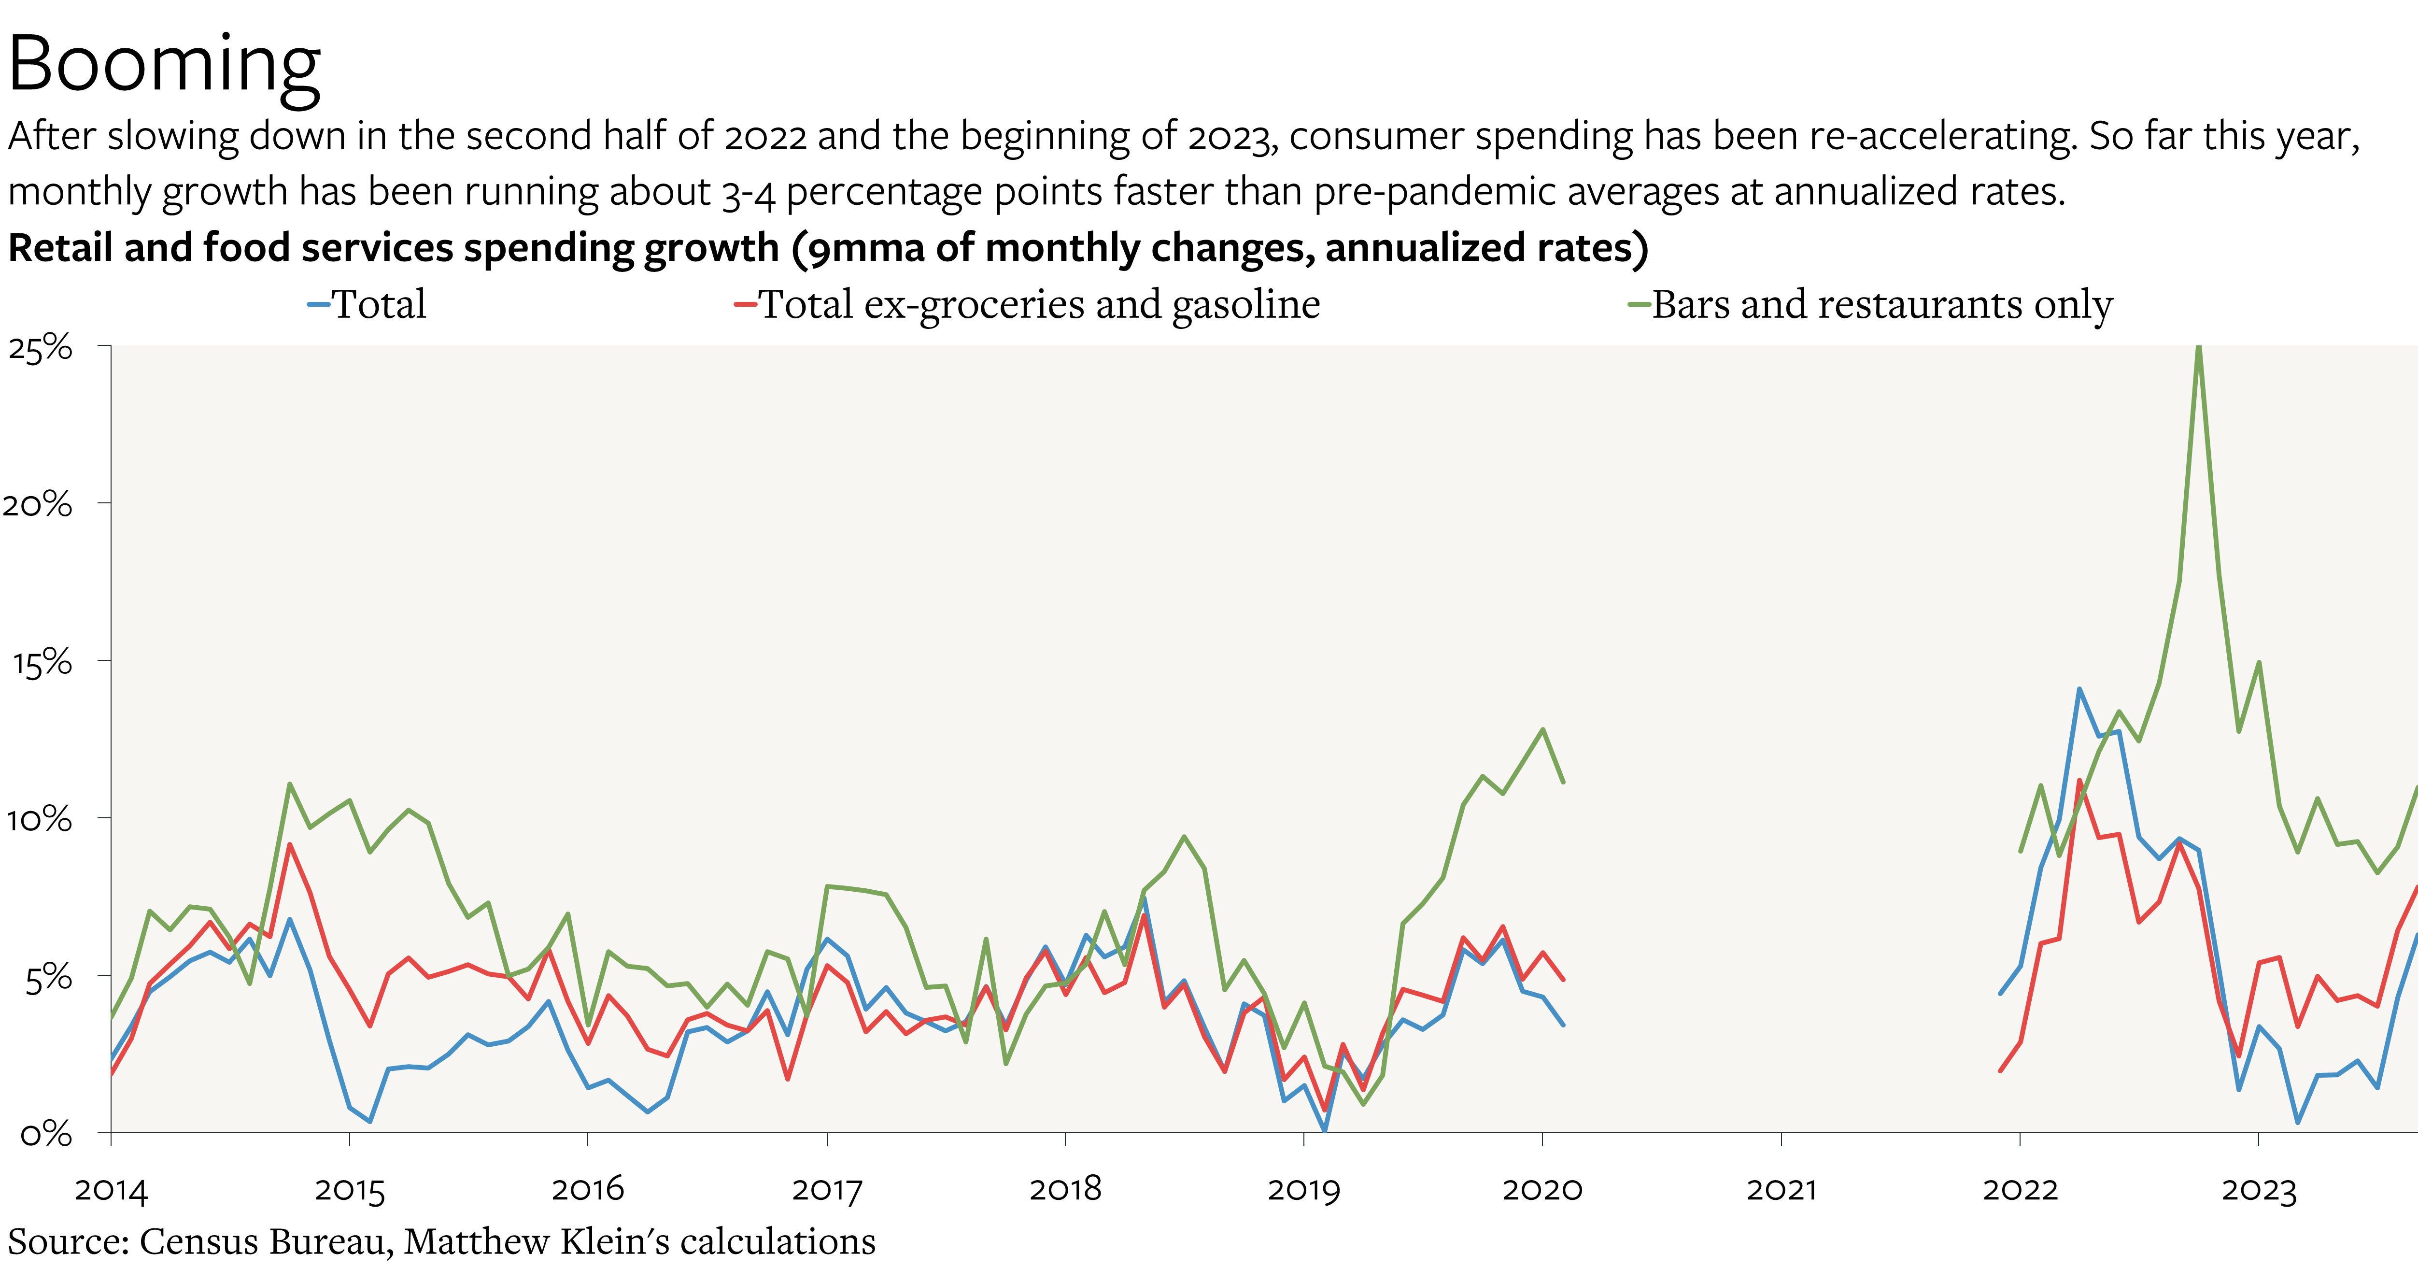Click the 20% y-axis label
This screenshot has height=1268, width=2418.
pyautogui.click(x=38, y=505)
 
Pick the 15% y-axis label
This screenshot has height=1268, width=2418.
pyautogui.click(x=42, y=663)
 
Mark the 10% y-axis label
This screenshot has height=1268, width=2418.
pyautogui.click(x=40, y=819)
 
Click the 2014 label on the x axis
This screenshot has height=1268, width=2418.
pyautogui.click(x=111, y=1190)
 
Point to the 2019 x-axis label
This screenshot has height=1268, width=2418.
pyautogui.click(x=1304, y=1190)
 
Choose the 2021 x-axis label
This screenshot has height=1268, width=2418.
pyautogui.click(x=1781, y=1190)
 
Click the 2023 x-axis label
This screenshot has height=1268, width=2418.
pyautogui.click(x=2259, y=1190)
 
